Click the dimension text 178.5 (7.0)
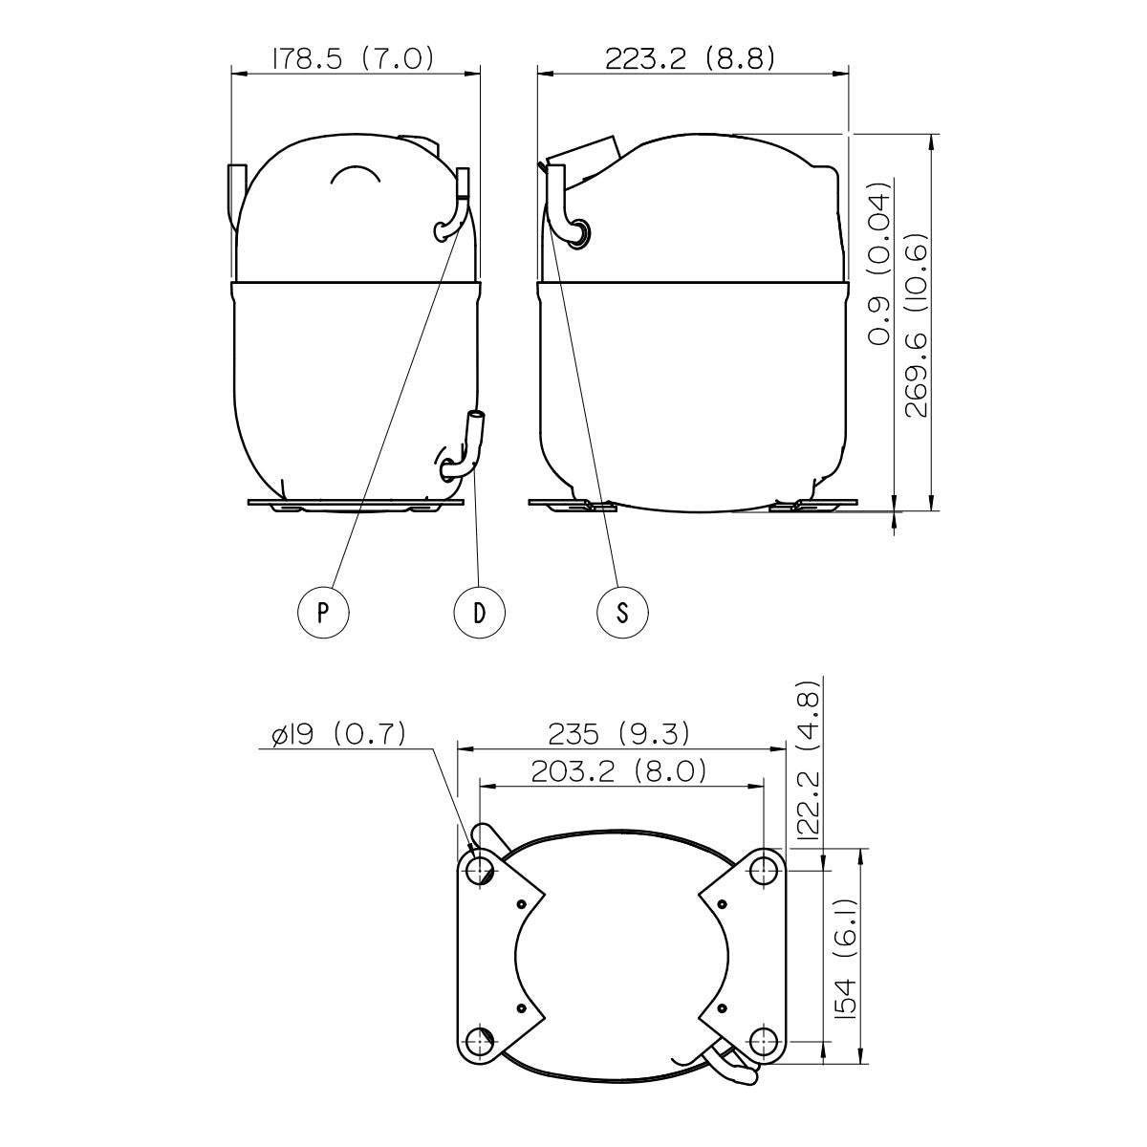[x=353, y=59]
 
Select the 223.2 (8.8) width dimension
[x=690, y=59]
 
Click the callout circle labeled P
[x=323, y=613]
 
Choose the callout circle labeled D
[x=479, y=613]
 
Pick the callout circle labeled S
[x=622, y=613]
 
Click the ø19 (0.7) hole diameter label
[x=338, y=735]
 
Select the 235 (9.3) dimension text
[x=619, y=734]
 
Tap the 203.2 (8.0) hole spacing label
[x=619, y=771]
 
